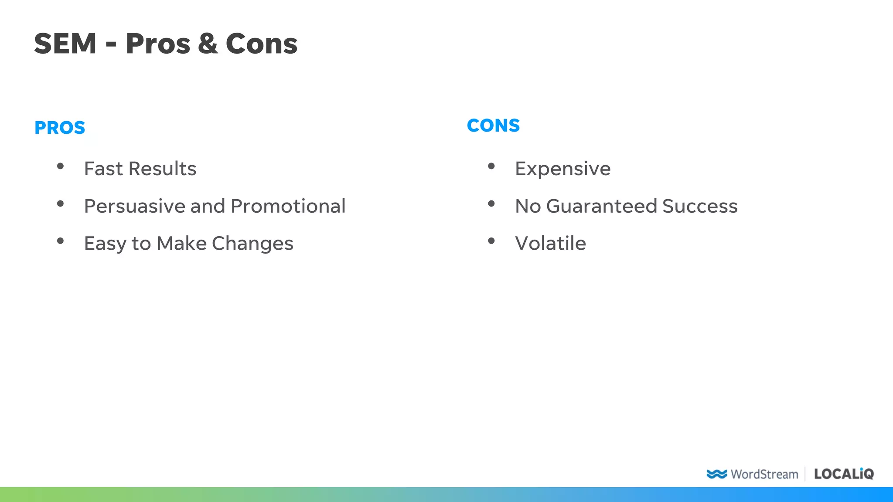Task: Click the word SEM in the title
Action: click(65, 44)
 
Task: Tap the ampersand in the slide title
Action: click(208, 44)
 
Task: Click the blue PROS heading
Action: click(60, 128)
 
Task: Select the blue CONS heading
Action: click(493, 125)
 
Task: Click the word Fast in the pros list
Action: click(103, 169)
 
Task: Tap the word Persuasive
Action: click(134, 206)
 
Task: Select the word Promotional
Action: click(288, 206)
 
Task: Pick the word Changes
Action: click(252, 244)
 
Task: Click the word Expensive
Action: click(562, 169)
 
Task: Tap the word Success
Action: click(700, 206)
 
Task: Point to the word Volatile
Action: click(550, 244)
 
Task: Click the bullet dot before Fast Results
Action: click(61, 166)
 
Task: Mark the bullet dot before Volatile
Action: click(491, 241)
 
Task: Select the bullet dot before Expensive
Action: click(491, 166)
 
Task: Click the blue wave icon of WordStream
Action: click(716, 474)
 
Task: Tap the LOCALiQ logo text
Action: click(844, 474)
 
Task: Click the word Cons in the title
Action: click(261, 44)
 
